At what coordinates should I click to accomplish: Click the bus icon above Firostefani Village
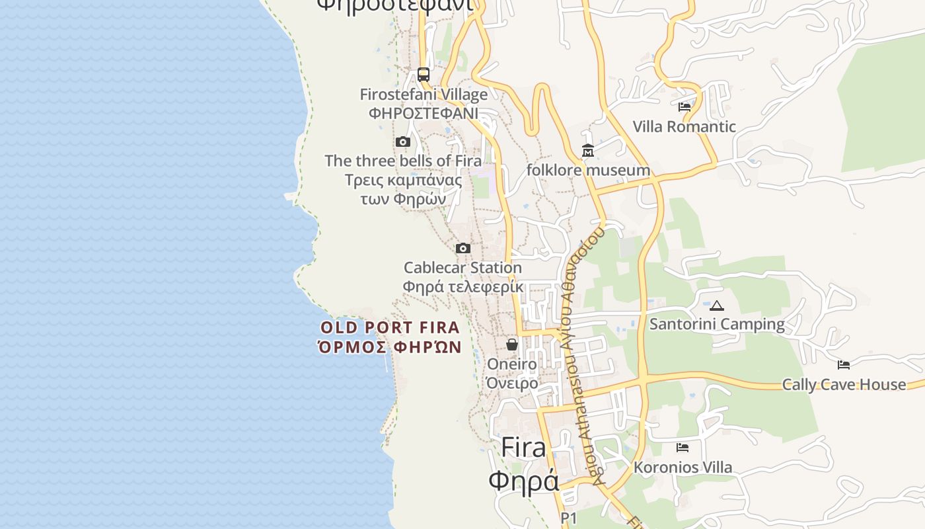(x=424, y=74)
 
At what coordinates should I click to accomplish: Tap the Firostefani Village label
(x=424, y=95)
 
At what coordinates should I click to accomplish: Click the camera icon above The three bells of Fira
(x=402, y=142)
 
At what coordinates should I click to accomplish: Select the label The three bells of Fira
(x=403, y=161)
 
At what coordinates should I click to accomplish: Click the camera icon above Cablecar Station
(x=463, y=248)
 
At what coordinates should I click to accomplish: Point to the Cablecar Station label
(x=462, y=268)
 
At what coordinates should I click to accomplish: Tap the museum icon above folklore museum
(x=588, y=151)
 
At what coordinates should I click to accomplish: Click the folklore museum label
(x=588, y=171)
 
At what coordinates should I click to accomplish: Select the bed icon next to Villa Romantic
(x=684, y=106)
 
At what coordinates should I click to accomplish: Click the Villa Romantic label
(x=684, y=126)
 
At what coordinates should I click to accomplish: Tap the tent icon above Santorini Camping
(x=717, y=305)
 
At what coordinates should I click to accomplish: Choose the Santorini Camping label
(x=717, y=324)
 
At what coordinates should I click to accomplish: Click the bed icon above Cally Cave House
(x=844, y=364)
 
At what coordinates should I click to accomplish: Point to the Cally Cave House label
(x=844, y=384)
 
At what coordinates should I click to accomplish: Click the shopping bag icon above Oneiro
(x=512, y=345)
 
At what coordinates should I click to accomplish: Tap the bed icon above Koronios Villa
(x=683, y=448)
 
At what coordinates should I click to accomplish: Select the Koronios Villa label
(x=683, y=468)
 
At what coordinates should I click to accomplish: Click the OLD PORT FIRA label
(x=389, y=327)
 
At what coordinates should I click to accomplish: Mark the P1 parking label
(x=569, y=518)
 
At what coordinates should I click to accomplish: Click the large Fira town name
(x=523, y=448)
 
